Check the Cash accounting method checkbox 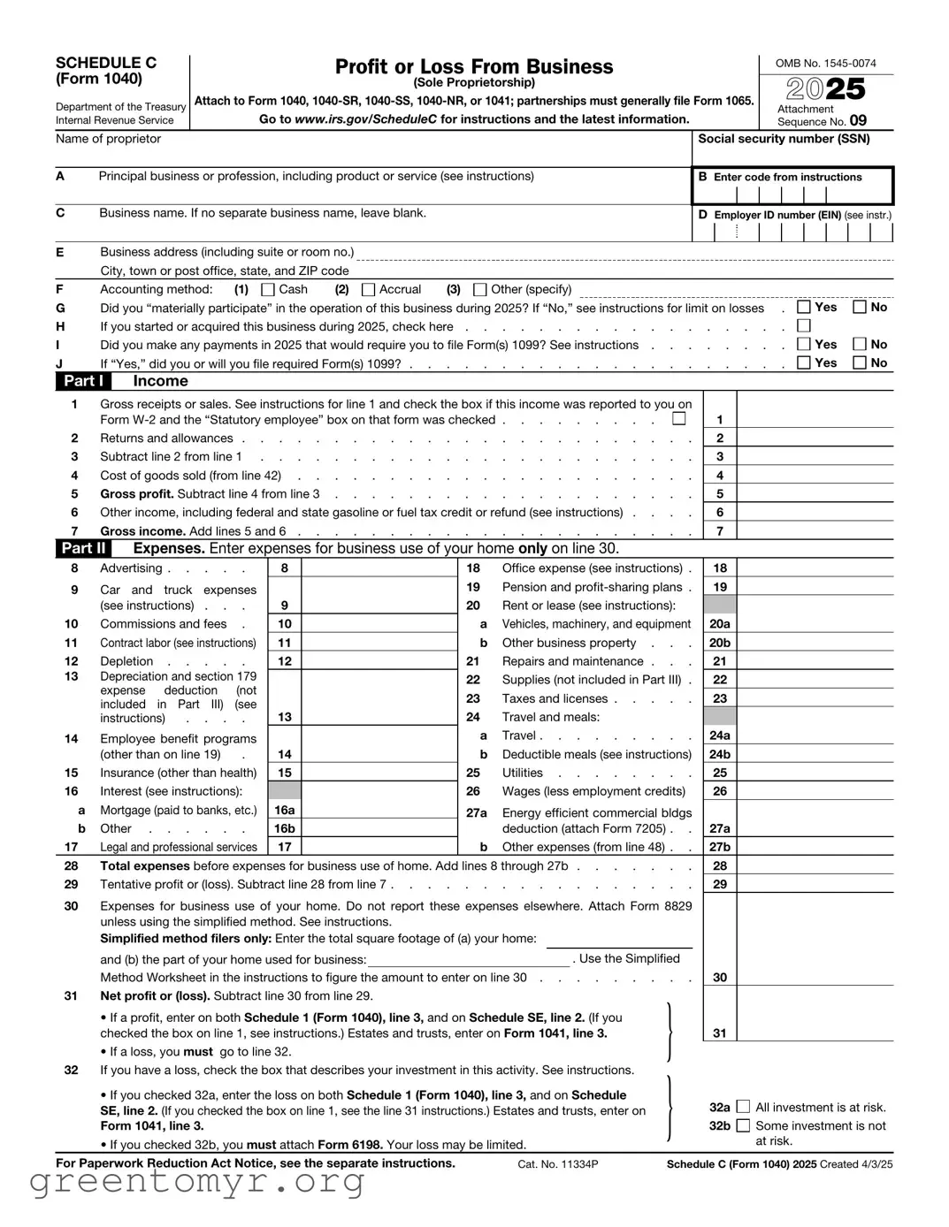[268, 290]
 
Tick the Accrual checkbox [369, 290]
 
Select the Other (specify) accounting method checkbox [480, 290]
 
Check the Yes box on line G [804, 308]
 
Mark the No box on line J [860, 362]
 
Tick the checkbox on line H [804, 326]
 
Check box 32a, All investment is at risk [743, 1107]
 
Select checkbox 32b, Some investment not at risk [743, 1125]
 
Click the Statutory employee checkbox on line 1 [679, 419]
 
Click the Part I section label [84, 381]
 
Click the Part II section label [84, 548]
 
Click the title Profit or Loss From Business [474, 66]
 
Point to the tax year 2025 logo [826, 88]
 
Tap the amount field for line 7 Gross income [815, 531]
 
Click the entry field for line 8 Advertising [379, 568]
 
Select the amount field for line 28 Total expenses [815, 866]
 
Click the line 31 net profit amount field [815, 1033]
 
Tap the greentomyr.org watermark [197, 1181]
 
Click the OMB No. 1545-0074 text [826, 64]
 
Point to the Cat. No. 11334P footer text [558, 1164]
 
